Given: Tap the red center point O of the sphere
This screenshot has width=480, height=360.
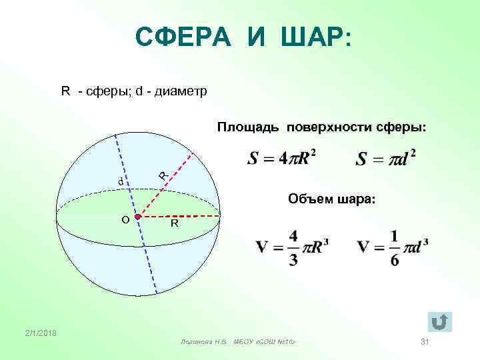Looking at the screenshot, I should [x=137, y=217].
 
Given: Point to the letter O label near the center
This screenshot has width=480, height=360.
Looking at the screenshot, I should [x=125, y=219].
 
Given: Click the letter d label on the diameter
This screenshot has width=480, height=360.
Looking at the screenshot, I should [x=121, y=181].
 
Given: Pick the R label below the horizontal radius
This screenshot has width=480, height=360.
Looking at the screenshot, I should [x=173, y=225].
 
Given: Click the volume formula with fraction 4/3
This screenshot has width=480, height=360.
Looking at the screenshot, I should [x=291, y=247].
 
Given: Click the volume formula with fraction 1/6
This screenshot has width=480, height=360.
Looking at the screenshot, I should [x=392, y=247].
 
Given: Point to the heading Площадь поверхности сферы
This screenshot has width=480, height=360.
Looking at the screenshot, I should [x=321, y=126].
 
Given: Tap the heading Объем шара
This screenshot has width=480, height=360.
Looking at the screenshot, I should [x=331, y=198].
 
